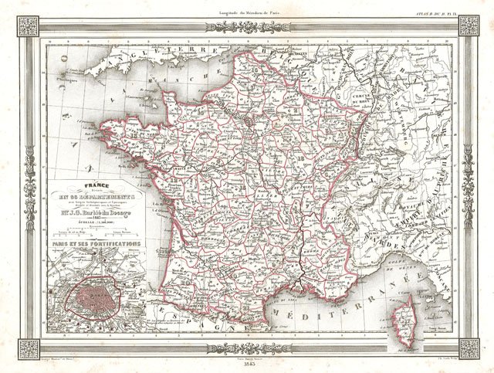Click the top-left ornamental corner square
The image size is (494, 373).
(x=29, y=25)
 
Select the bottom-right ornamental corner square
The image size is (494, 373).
(x=469, y=348)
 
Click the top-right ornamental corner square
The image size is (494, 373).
(x=469, y=25)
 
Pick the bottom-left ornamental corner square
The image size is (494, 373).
(x=29, y=348)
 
